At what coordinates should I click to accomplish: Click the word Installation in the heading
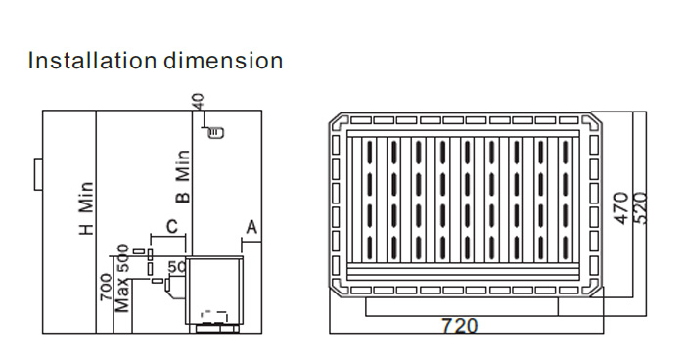pyautogui.click(x=92, y=61)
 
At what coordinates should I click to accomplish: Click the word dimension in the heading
pyautogui.click(x=223, y=61)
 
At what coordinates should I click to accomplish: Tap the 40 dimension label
pyautogui.click(x=198, y=102)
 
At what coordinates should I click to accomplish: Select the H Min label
pyautogui.click(x=86, y=208)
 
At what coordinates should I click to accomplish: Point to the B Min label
pyautogui.click(x=184, y=176)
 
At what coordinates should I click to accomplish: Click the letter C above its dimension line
pyautogui.click(x=172, y=227)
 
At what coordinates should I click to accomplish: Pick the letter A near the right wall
pyautogui.click(x=251, y=228)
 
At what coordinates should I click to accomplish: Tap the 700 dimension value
pyautogui.click(x=106, y=287)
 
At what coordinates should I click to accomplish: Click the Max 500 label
pyautogui.click(x=122, y=278)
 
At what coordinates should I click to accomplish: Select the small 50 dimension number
pyautogui.click(x=177, y=266)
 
